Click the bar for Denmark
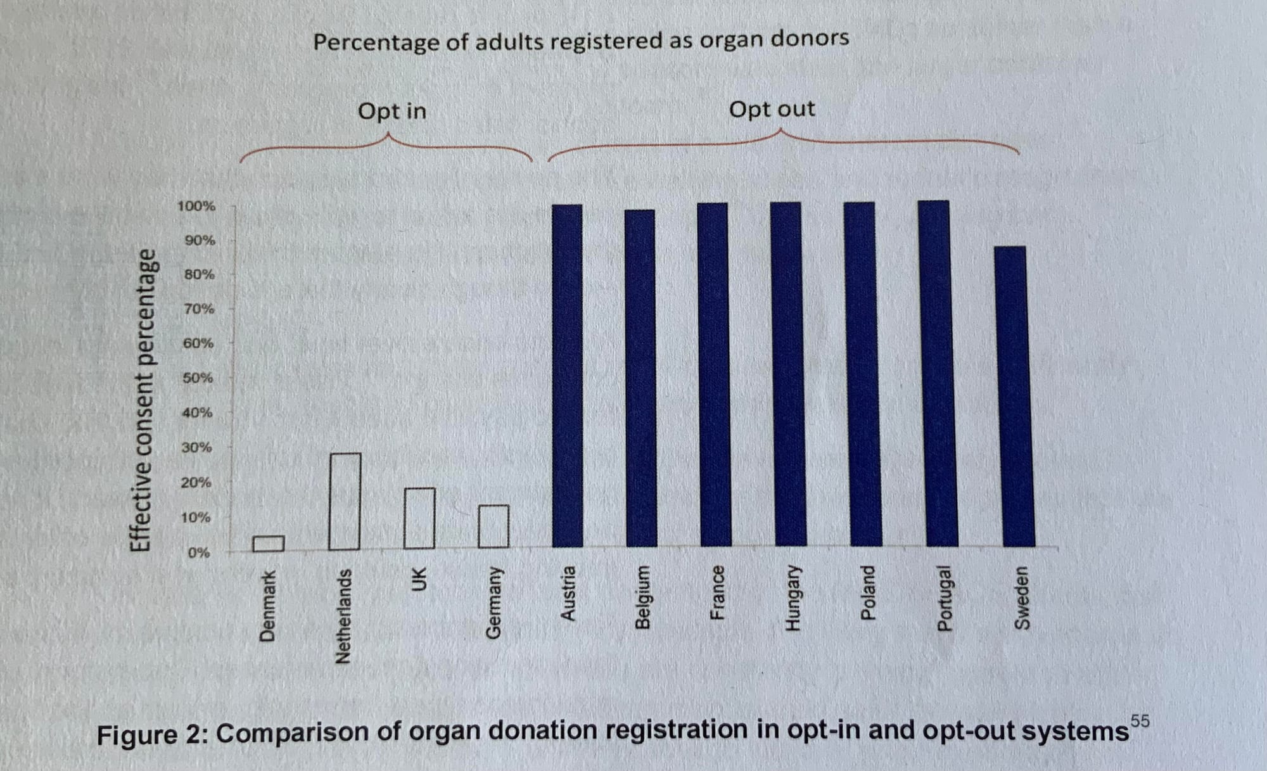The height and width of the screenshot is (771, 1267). click(x=268, y=544)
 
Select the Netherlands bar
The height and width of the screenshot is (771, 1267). click(x=345, y=501)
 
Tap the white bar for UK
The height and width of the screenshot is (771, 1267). click(x=419, y=518)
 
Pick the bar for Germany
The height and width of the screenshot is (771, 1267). click(x=493, y=526)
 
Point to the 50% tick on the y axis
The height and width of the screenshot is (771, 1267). click(x=198, y=378)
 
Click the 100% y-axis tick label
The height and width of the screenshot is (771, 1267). click(x=196, y=206)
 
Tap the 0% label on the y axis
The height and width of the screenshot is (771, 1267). click(x=198, y=552)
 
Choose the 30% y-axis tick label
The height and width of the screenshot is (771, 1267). click(x=196, y=447)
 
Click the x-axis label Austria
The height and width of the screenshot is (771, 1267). click(x=568, y=594)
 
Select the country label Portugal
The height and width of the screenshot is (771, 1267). click(x=944, y=598)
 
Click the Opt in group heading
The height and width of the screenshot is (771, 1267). click(x=392, y=112)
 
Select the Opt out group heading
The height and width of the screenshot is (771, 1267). click(x=772, y=110)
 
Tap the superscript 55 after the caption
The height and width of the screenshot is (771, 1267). click(x=1140, y=721)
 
